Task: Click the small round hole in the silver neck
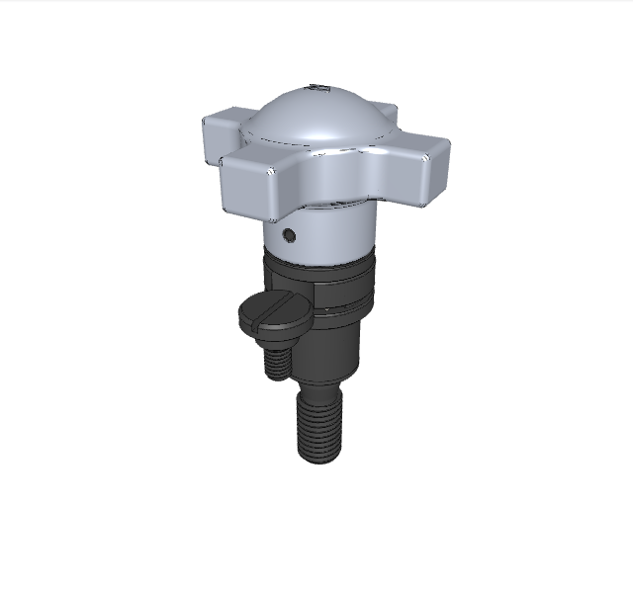tap(288, 235)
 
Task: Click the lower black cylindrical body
tap(331, 351)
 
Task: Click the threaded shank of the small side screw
tap(276, 361)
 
